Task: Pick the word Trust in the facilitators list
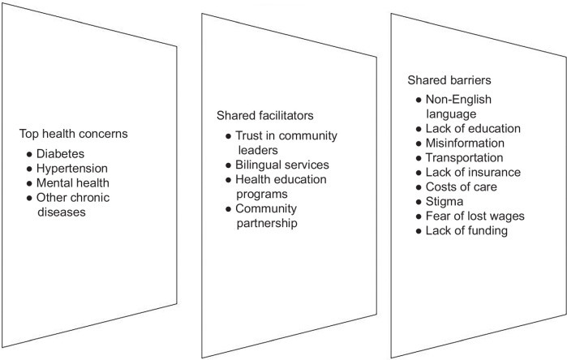[250, 135]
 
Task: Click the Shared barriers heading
[448, 81]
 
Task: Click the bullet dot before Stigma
[418, 201]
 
